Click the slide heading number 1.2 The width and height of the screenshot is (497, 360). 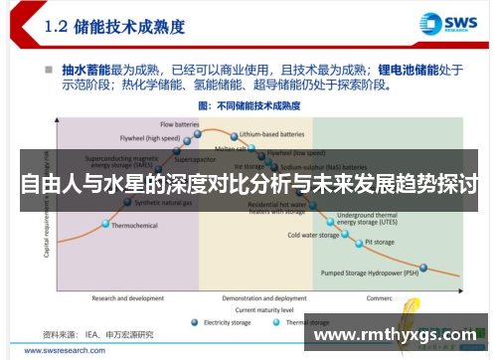pyautogui.click(x=65, y=27)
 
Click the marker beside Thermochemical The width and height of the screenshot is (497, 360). pyautogui.click(x=103, y=226)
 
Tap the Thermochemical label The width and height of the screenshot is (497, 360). pyautogui.click(x=134, y=226)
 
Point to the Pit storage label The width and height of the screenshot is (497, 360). pyautogui.click(x=379, y=242)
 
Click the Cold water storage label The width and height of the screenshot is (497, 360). pyautogui.click(x=313, y=236)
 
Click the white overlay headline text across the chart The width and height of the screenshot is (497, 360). pyautogui.click(x=248, y=185)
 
